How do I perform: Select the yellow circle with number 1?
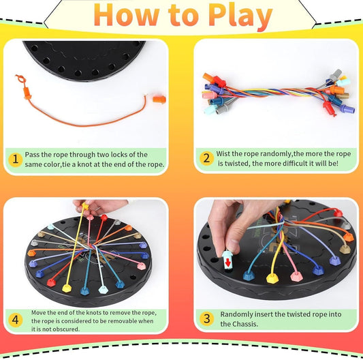(15, 160)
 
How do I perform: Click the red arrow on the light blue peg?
(227, 259)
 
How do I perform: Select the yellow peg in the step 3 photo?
(272, 277)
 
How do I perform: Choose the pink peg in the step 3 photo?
(296, 275)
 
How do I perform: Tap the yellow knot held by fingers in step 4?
(85, 205)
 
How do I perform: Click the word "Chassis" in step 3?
(235, 324)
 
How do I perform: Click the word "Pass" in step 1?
(33, 155)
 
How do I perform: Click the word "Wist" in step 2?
(223, 155)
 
